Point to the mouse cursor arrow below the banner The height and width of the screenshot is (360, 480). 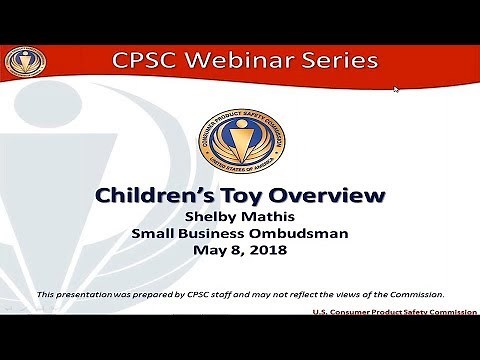396,89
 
